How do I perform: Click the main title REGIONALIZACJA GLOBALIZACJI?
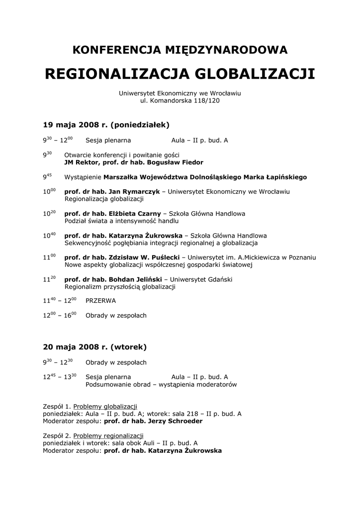pos(180,74)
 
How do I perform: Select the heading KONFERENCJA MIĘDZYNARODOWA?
pos(180,50)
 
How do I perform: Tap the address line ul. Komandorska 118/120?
pos(180,100)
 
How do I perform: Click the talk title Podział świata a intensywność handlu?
pos(121,221)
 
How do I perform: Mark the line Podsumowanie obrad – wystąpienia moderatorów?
pos(161,384)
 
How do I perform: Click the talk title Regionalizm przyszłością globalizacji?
pos(119,287)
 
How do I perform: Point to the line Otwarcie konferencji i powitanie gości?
pos(122,155)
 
